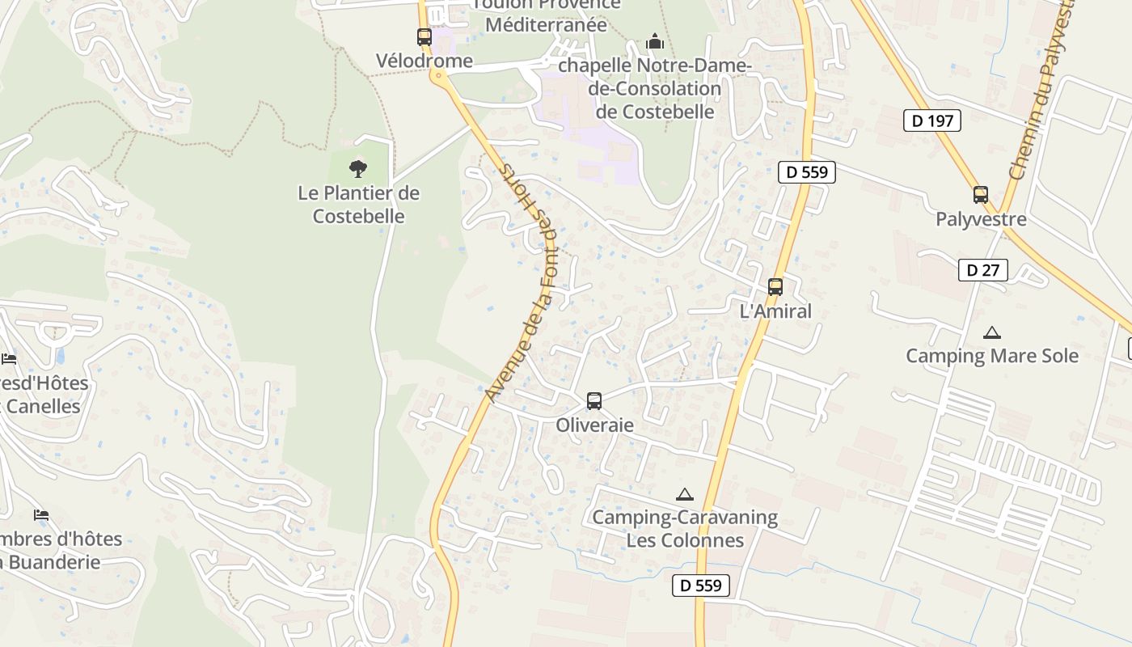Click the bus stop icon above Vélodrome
point(424,36)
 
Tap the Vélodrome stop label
point(424,61)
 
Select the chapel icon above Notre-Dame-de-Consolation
point(655,40)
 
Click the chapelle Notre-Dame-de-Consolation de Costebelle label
point(655,88)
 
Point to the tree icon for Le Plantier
point(358,169)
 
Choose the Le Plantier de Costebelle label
point(359,205)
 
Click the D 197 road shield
point(931,121)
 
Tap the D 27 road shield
point(983,270)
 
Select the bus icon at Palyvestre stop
point(981,195)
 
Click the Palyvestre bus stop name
point(981,219)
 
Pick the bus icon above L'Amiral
point(775,286)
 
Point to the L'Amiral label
point(775,311)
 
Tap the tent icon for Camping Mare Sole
point(992,332)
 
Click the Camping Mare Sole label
point(992,356)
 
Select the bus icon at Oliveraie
point(594,400)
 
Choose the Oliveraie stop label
point(594,425)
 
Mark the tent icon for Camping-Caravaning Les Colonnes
point(685,494)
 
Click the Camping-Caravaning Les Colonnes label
point(685,529)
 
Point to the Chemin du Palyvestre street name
point(1041,89)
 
